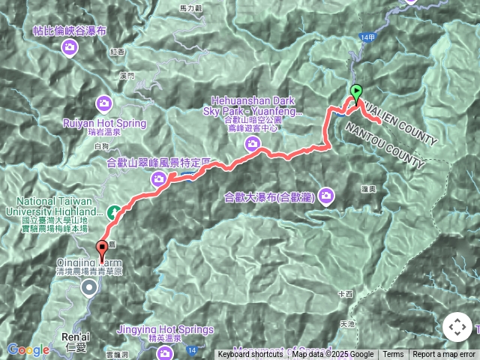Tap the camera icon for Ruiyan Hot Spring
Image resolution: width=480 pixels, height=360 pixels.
pos(103,103)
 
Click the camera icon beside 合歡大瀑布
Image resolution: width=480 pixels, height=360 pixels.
pos(325,196)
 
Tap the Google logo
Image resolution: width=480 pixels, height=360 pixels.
pos(28,350)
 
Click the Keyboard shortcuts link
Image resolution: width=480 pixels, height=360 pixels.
pos(250,355)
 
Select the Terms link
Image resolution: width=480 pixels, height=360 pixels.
pos(393,355)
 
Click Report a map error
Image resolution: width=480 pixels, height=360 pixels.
pos(444,355)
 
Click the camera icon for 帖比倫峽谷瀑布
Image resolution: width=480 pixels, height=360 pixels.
pos(70,48)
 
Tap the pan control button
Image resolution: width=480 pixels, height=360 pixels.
pos(457,327)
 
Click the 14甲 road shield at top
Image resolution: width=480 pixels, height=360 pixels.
pos(366,37)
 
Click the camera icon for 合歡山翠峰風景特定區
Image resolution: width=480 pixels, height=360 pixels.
pos(159,178)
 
